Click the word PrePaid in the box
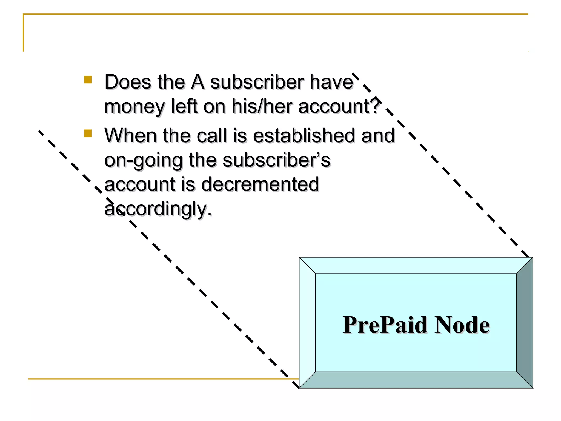tap(385, 325)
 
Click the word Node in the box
tap(462, 325)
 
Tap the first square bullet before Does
tap(88, 80)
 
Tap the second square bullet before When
tap(88, 133)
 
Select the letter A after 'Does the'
tap(198, 82)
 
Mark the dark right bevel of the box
tap(525, 323)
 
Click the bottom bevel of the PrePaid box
tap(416, 380)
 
